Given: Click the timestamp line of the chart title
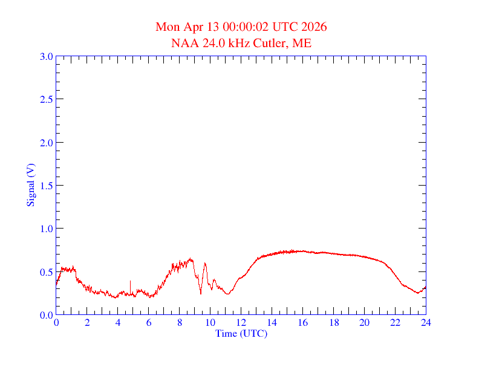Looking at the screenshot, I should (241, 27).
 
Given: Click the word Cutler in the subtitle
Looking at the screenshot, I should (272, 43).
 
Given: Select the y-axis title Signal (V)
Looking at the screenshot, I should (30, 185).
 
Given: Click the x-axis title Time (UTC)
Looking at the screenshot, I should (241, 333).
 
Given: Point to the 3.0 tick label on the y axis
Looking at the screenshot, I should (46, 56).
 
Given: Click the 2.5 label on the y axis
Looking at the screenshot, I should (46, 99).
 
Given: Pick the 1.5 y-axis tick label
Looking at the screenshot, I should (46, 186).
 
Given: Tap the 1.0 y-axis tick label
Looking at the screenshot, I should (46, 229).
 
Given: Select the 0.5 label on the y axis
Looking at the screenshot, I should (46, 272).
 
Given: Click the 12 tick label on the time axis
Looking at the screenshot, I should (241, 323).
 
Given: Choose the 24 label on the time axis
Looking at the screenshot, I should (426, 323).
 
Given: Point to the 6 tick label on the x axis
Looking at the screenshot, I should (148, 323).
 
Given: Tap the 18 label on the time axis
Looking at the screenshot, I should (333, 323).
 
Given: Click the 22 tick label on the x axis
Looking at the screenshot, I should (395, 323).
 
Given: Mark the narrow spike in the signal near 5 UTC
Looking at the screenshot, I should (130, 282).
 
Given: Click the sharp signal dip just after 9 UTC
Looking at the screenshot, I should (201, 293).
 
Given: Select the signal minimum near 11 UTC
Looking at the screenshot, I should (227, 294).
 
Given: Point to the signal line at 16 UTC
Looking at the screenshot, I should (302, 251).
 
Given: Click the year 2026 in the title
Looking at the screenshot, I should (314, 27).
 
